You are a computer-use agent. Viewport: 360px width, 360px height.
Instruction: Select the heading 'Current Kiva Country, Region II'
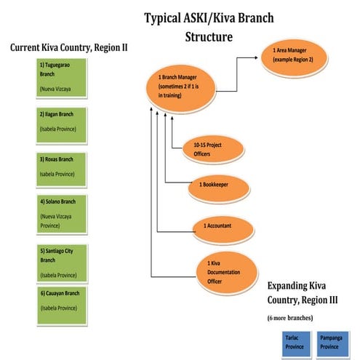click(x=69, y=47)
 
